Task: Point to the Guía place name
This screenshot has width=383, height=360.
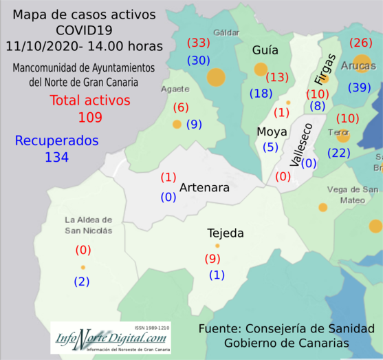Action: pyautogui.click(x=265, y=50)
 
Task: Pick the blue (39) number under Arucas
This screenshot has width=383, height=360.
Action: pyautogui.click(x=360, y=87)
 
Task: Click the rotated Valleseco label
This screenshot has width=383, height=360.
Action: pyautogui.click(x=300, y=145)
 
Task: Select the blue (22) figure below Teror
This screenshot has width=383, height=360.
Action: pyautogui.click(x=340, y=152)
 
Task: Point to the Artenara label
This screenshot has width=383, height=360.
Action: pyautogui.click(x=204, y=187)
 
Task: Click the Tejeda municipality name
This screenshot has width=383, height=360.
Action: pyautogui.click(x=226, y=233)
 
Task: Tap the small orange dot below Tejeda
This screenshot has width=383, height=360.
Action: pyautogui.click(x=217, y=246)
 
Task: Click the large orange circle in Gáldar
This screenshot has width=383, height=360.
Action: pyautogui.click(x=216, y=76)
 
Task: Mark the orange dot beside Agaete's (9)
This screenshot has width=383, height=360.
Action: pyautogui.click(x=177, y=125)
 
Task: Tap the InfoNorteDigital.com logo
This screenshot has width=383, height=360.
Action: pyautogui.click(x=111, y=339)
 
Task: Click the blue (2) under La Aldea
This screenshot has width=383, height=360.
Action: pyautogui.click(x=83, y=281)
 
